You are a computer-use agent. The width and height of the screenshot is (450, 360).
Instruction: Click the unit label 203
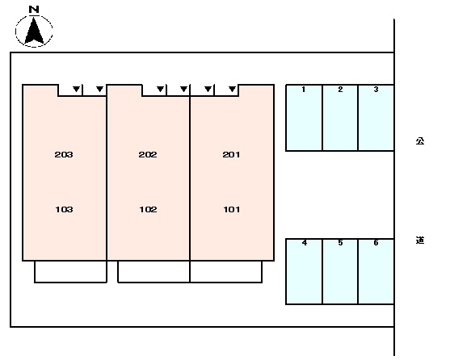[x=64, y=154]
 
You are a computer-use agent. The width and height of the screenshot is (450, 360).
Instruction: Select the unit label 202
[x=148, y=154]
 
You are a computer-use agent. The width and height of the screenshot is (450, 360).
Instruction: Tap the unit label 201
[x=231, y=154]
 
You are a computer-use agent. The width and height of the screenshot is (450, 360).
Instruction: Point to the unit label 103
[x=64, y=209]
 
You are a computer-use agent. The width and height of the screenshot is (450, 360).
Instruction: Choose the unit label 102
[x=148, y=209]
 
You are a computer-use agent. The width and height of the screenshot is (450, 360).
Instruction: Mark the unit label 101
[x=232, y=209]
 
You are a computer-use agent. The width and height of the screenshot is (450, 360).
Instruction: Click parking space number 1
[x=303, y=90]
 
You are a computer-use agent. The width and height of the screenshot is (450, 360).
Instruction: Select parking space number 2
[x=340, y=90]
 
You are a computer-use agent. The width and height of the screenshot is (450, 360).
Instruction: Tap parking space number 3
[x=376, y=90]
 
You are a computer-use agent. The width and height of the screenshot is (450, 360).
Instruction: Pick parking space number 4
[x=305, y=243]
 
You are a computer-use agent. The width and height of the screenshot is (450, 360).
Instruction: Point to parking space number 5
[x=340, y=243]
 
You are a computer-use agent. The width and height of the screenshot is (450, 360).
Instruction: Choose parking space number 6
[x=376, y=243]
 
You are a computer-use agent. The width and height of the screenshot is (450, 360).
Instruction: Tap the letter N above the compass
[x=34, y=10]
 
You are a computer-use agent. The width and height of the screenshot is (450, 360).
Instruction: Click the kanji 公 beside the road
[x=420, y=141]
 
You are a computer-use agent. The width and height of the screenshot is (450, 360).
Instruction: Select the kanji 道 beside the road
[x=420, y=241]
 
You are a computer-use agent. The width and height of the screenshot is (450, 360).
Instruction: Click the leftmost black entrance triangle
[x=76, y=89]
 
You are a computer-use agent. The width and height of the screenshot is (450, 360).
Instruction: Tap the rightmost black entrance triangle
[x=233, y=89]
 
